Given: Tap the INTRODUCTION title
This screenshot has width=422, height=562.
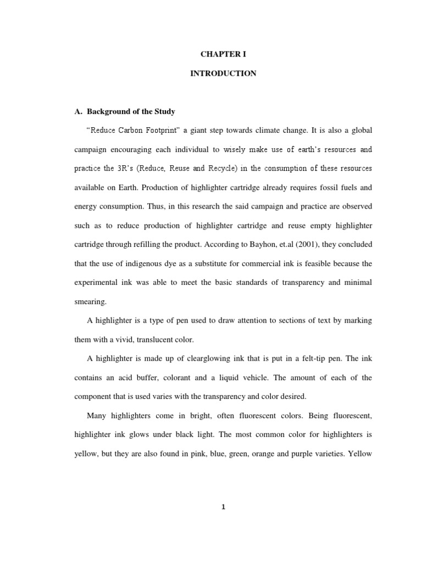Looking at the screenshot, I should click(223, 73).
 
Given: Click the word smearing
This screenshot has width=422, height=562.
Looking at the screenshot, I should click(91, 301).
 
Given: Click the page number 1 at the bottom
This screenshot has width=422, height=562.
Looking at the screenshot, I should click(223, 507).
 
